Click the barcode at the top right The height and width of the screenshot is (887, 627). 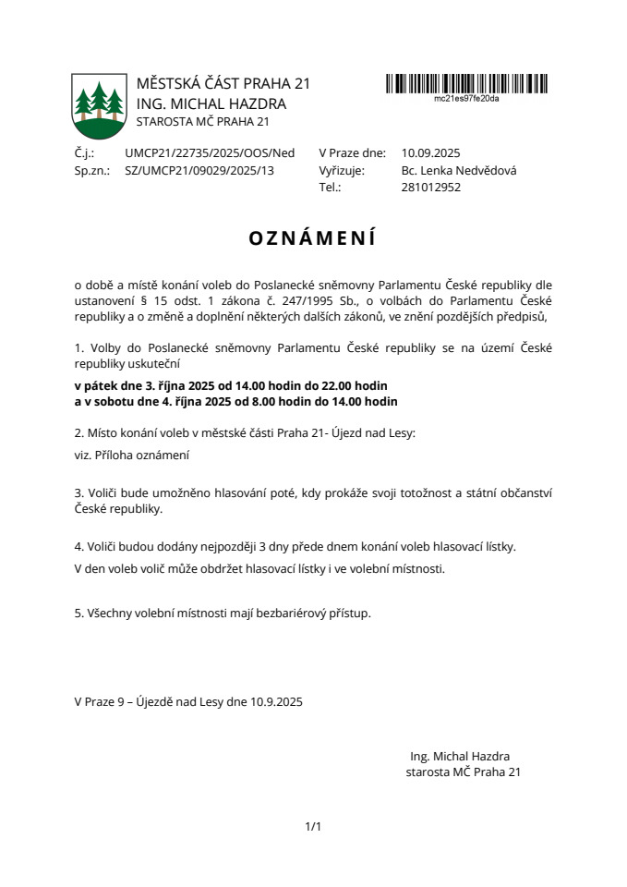tap(466, 83)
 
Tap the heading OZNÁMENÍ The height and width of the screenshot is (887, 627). tap(313, 238)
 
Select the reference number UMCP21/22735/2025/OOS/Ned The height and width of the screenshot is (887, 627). tap(210, 153)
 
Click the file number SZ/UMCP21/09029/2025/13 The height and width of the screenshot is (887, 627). tap(199, 170)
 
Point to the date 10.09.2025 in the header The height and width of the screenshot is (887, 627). tap(431, 153)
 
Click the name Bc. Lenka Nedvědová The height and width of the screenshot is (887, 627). tap(459, 170)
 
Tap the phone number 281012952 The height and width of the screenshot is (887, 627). tap(431, 187)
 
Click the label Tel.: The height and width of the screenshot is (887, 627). tap(330, 187)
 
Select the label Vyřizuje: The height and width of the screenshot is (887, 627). tap(342, 170)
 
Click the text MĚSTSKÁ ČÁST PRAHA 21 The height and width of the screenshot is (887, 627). tap(223, 84)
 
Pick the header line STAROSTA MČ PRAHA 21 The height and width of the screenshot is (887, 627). tap(202, 122)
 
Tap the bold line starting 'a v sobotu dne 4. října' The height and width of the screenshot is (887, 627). tap(235, 401)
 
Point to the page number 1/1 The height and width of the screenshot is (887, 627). tap(313, 826)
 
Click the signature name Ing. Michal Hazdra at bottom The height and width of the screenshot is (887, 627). tap(460, 755)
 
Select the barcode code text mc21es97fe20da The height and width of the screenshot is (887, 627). tap(466, 98)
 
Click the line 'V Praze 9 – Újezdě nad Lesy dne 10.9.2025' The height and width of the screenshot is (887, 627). tap(188, 701)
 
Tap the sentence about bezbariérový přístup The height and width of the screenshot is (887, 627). tap(223, 613)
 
